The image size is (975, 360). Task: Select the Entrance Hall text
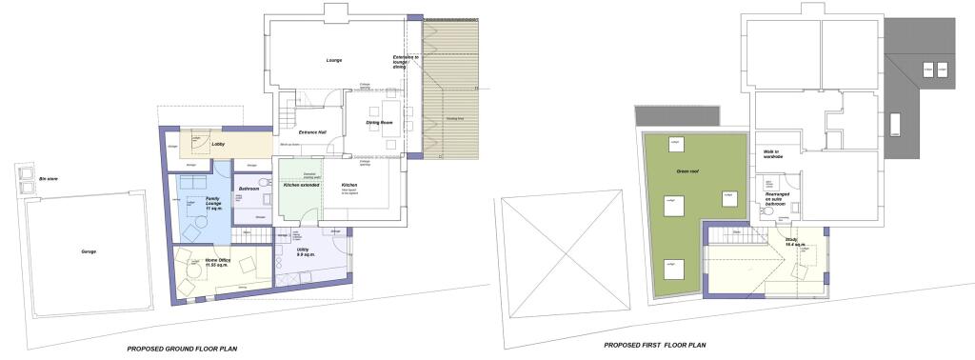click(313, 131)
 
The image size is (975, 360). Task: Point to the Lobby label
click(217, 144)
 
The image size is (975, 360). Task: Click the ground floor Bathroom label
click(249, 189)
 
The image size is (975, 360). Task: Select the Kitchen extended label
click(301, 185)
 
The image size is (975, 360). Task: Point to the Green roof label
click(682, 172)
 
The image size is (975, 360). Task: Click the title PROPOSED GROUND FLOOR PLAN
click(183, 350)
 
